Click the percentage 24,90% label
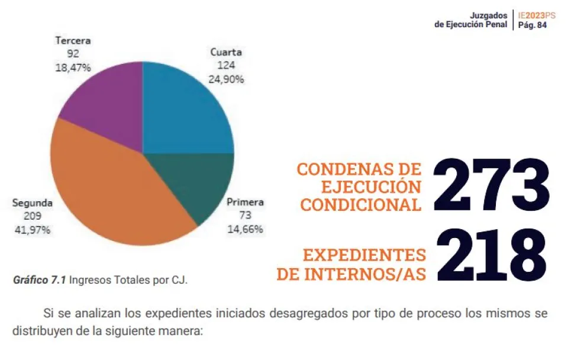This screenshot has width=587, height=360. pyautogui.click(x=226, y=79)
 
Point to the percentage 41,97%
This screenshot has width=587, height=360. pyautogui.click(x=32, y=230)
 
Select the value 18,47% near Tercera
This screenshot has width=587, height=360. pyautogui.click(x=73, y=67)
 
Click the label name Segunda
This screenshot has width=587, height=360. pyautogui.click(x=32, y=203)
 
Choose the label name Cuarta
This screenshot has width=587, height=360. pyautogui.click(x=226, y=52)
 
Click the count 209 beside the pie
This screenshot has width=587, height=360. pyautogui.click(x=32, y=216)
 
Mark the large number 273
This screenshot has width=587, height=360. pyautogui.click(x=491, y=185)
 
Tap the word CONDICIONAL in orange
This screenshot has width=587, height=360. pyautogui.click(x=361, y=204)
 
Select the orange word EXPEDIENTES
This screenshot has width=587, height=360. pyautogui.click(x=364, y=255)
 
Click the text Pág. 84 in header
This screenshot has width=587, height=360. pyautogui.click(x=532, y=25)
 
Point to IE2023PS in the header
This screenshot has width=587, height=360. pyautogui.click(x=536, y=15)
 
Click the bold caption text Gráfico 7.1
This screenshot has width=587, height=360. pyautogui.click(x=39, y=280)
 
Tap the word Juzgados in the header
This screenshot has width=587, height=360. pyautogui.click(x=488, y=15)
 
